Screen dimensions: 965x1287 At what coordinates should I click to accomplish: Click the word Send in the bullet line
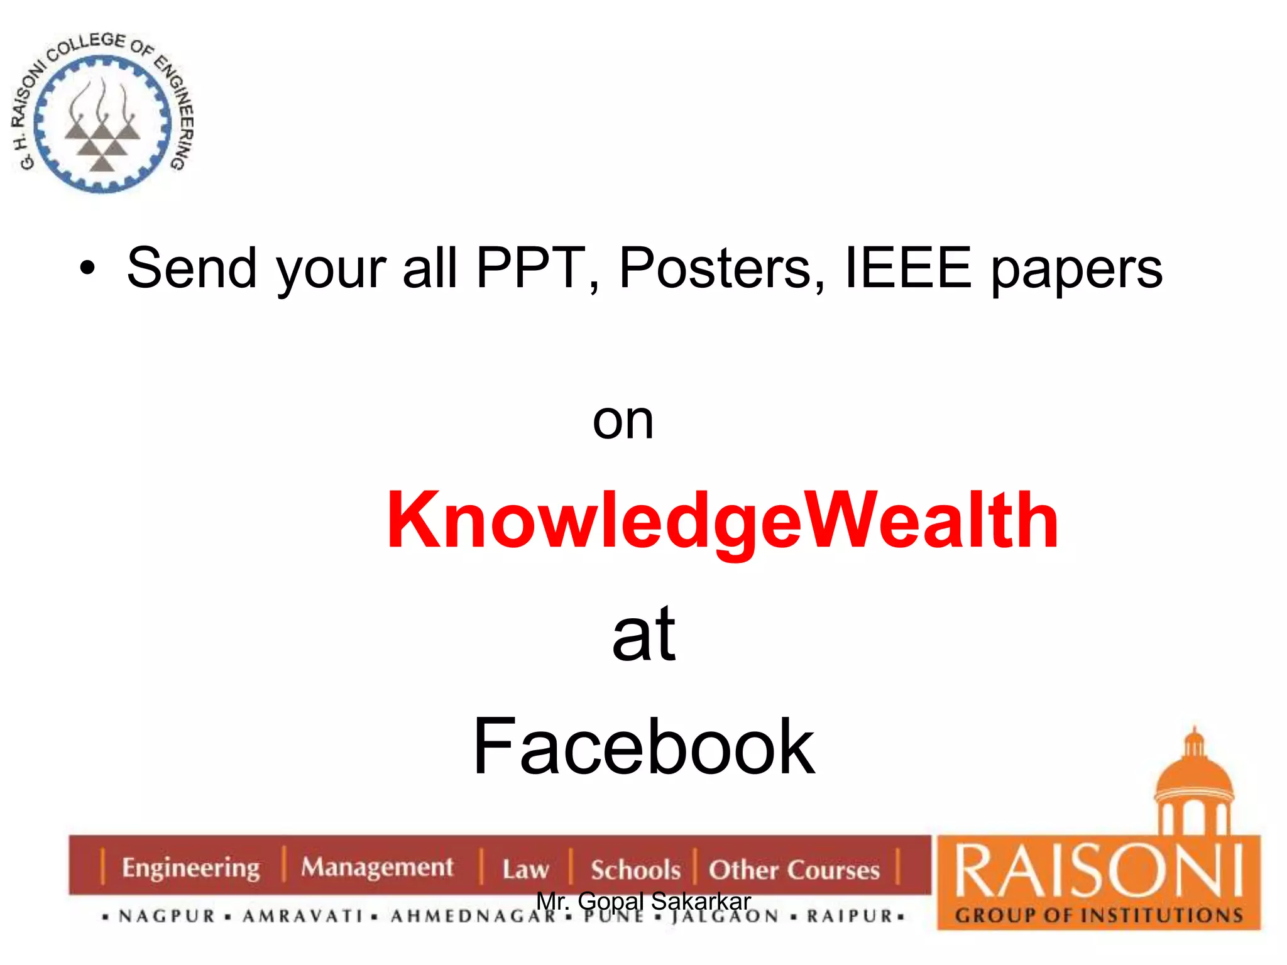click(192, 268)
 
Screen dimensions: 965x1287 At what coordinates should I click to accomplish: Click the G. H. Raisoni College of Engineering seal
click(102, 113)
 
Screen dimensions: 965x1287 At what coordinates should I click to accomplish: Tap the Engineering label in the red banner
click(190, 868)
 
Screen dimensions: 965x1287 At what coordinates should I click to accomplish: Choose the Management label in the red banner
click(377, 867)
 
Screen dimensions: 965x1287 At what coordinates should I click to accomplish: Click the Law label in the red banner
click(525, 870)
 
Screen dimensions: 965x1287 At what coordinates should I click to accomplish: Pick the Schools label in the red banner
click(635, 870)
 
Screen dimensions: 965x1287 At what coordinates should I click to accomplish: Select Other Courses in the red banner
click(794, 870)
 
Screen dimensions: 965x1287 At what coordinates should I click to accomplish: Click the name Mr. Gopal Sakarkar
click(643, 901)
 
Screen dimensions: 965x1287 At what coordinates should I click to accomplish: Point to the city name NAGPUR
click(167, 917)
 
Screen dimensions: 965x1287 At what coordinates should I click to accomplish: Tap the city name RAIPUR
click(850, 917)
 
